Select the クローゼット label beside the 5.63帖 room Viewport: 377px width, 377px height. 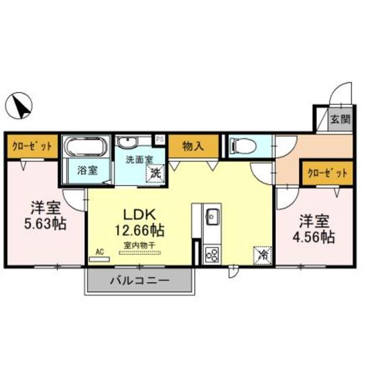pyautogui.click(x=32, y=147)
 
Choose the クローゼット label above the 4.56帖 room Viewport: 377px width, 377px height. pyautogui.click(x=325, y=174)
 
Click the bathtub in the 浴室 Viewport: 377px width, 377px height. pyautogui.click(x=84, y=147)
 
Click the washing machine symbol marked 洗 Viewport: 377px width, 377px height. pyautogui.click(x=155, y=173)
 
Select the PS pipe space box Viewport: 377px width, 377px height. pyautogui.click(x=160, y=140)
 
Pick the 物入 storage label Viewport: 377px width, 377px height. pyautogui.click(x=193, y=146)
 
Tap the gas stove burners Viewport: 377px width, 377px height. pyautogui.click(x=211, y=254)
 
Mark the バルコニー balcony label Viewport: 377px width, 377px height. pyautogui.click(x=140, y=280)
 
